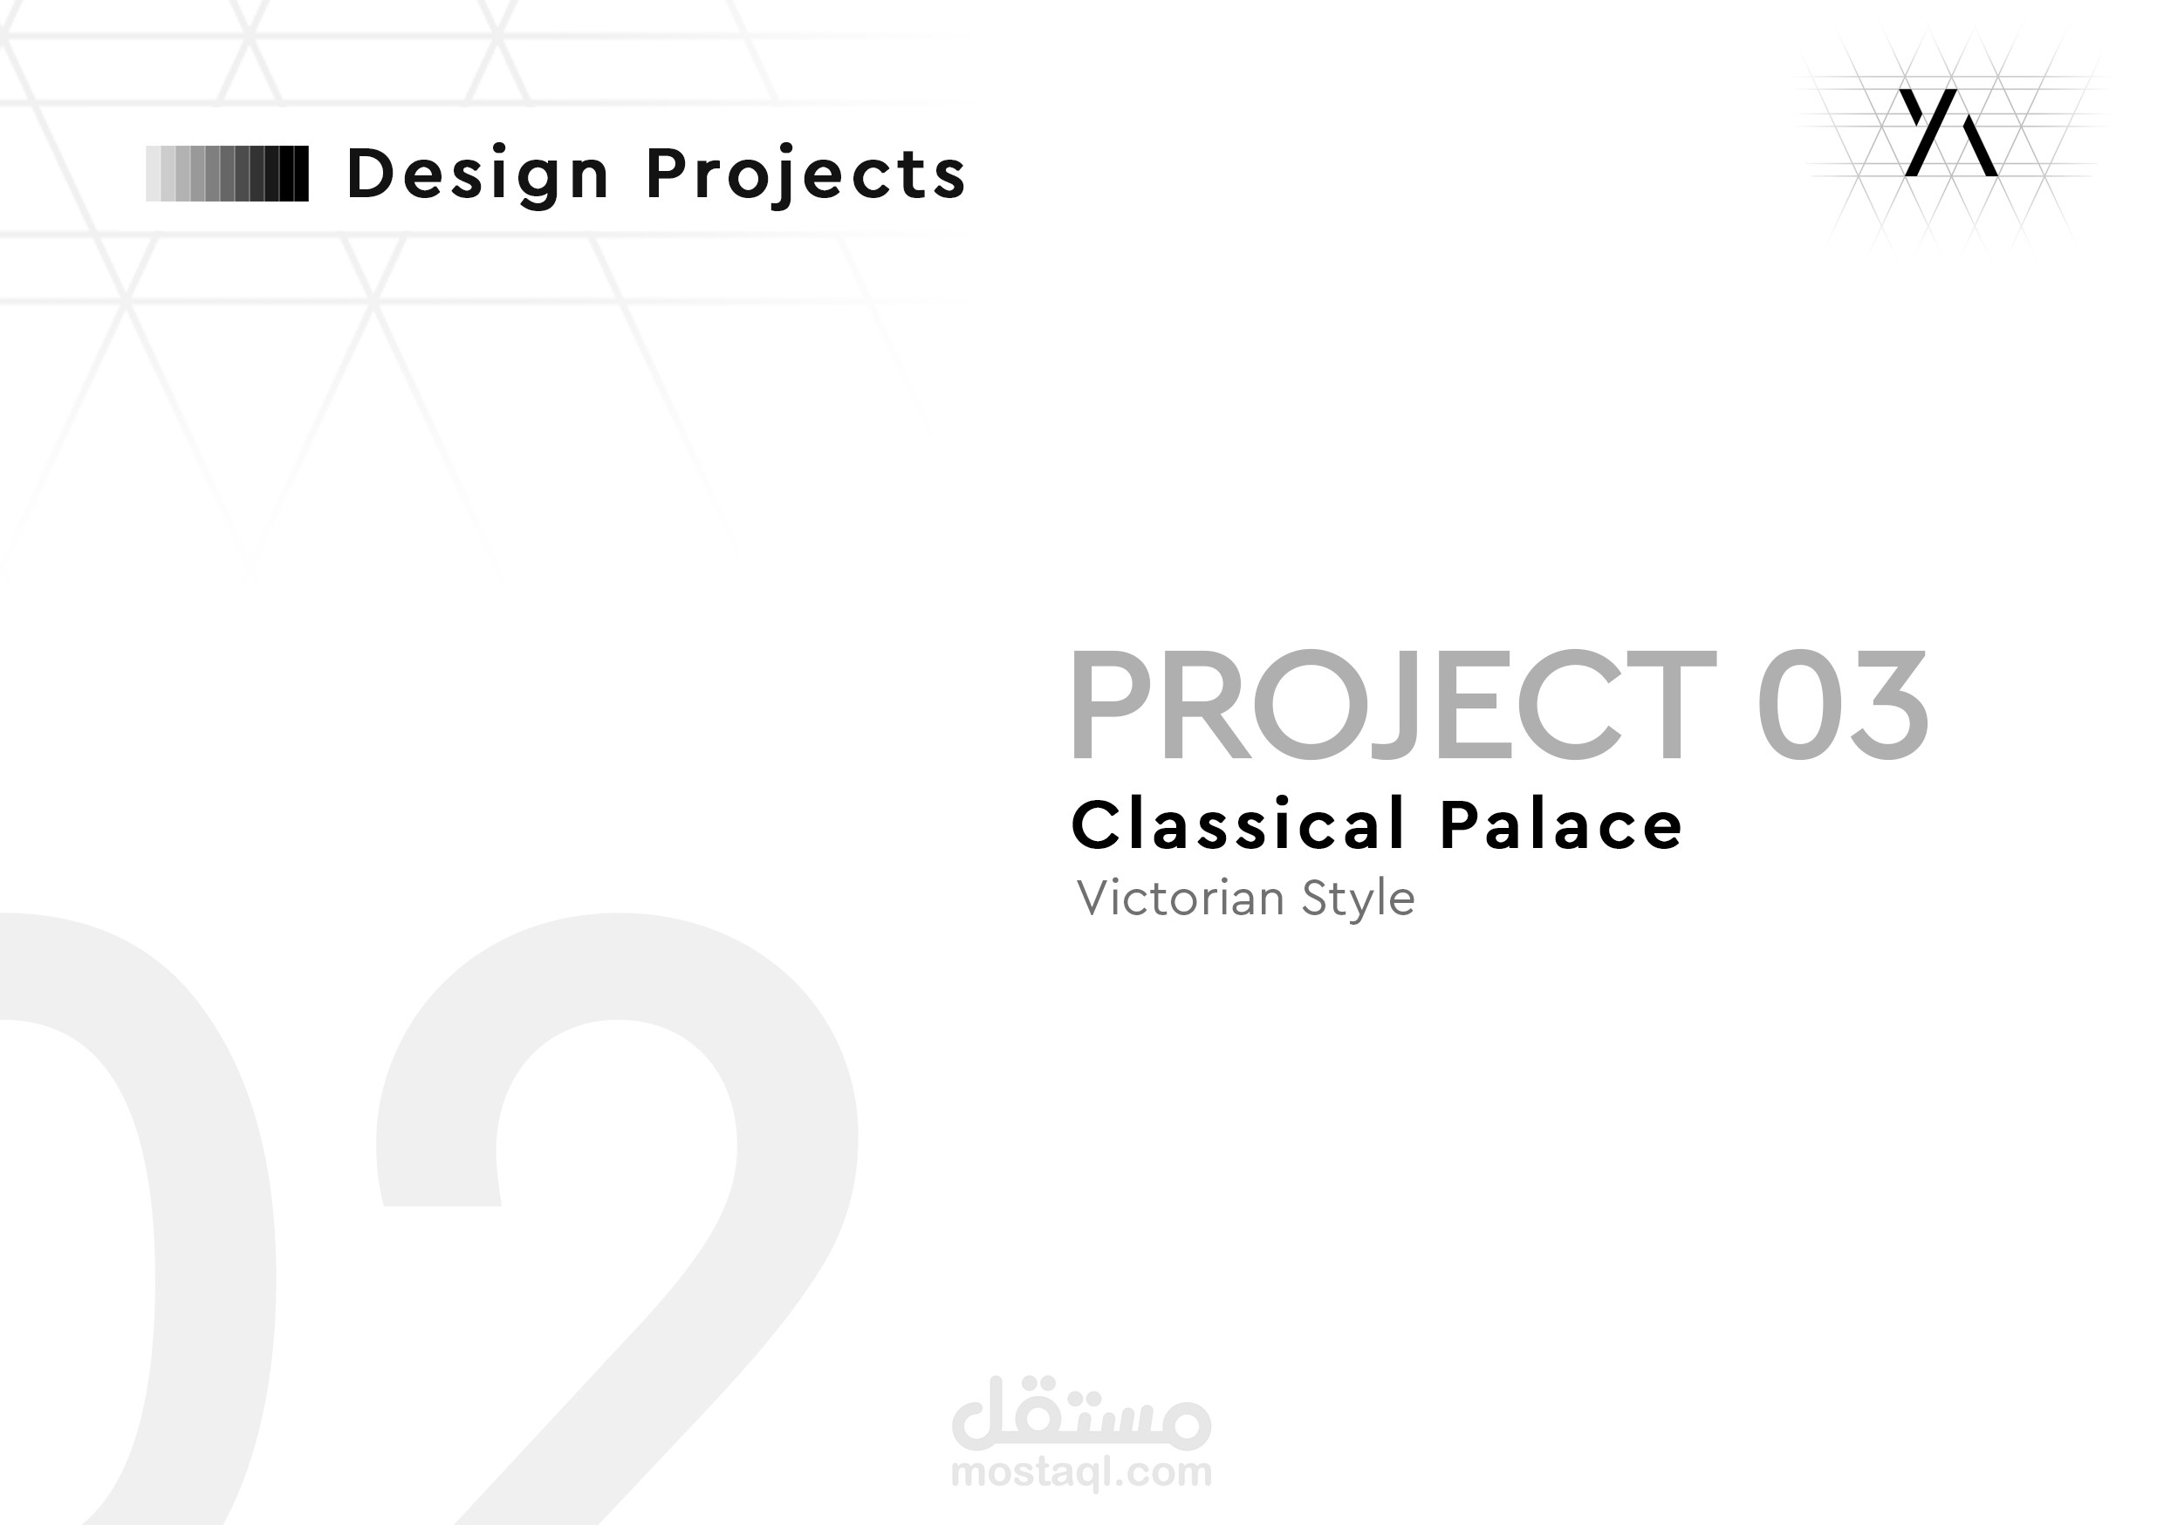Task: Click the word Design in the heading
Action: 478,174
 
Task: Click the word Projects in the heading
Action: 806,174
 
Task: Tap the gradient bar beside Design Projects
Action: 227,174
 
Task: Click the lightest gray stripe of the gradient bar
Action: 153,174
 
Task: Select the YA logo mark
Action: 1948,133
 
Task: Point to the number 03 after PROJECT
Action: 1842,704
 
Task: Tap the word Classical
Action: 1238,824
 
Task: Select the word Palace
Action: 1561,824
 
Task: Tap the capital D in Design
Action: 369,174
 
